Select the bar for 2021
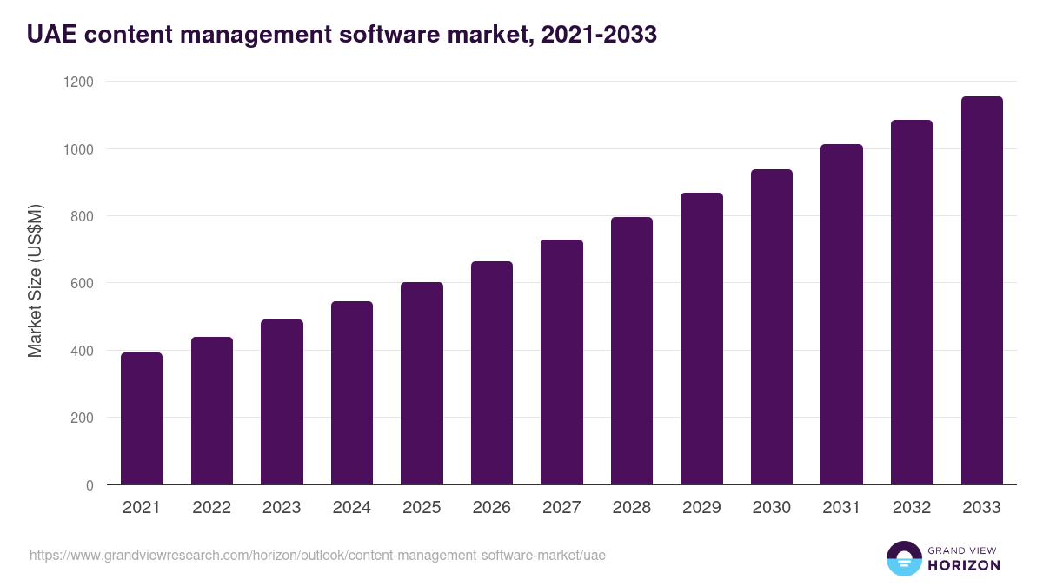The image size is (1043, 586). (x=142, y=418)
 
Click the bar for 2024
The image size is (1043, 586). (x=352, y=392)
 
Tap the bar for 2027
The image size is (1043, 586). (x=561, y=362)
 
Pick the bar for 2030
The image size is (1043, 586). (x=772, y=326)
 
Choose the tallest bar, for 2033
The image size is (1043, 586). (x=981, y=291)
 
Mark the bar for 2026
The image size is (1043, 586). (x=492, y=373)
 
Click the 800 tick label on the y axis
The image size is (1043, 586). (x=82, y=216)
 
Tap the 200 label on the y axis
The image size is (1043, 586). (x=82, y=418)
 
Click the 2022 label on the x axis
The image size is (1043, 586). (x=211, y=508)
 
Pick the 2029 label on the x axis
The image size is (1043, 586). (x=701, y=508)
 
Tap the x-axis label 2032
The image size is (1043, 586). (x=912, y=508)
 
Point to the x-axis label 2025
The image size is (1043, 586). (x=422, y=508)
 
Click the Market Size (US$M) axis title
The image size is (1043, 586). (x=35, y=282)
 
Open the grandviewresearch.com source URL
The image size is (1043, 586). (x=317, y=555)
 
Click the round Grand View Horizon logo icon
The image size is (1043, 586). (x=904, y=558)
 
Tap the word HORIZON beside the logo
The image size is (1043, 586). (x=964, y=565)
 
